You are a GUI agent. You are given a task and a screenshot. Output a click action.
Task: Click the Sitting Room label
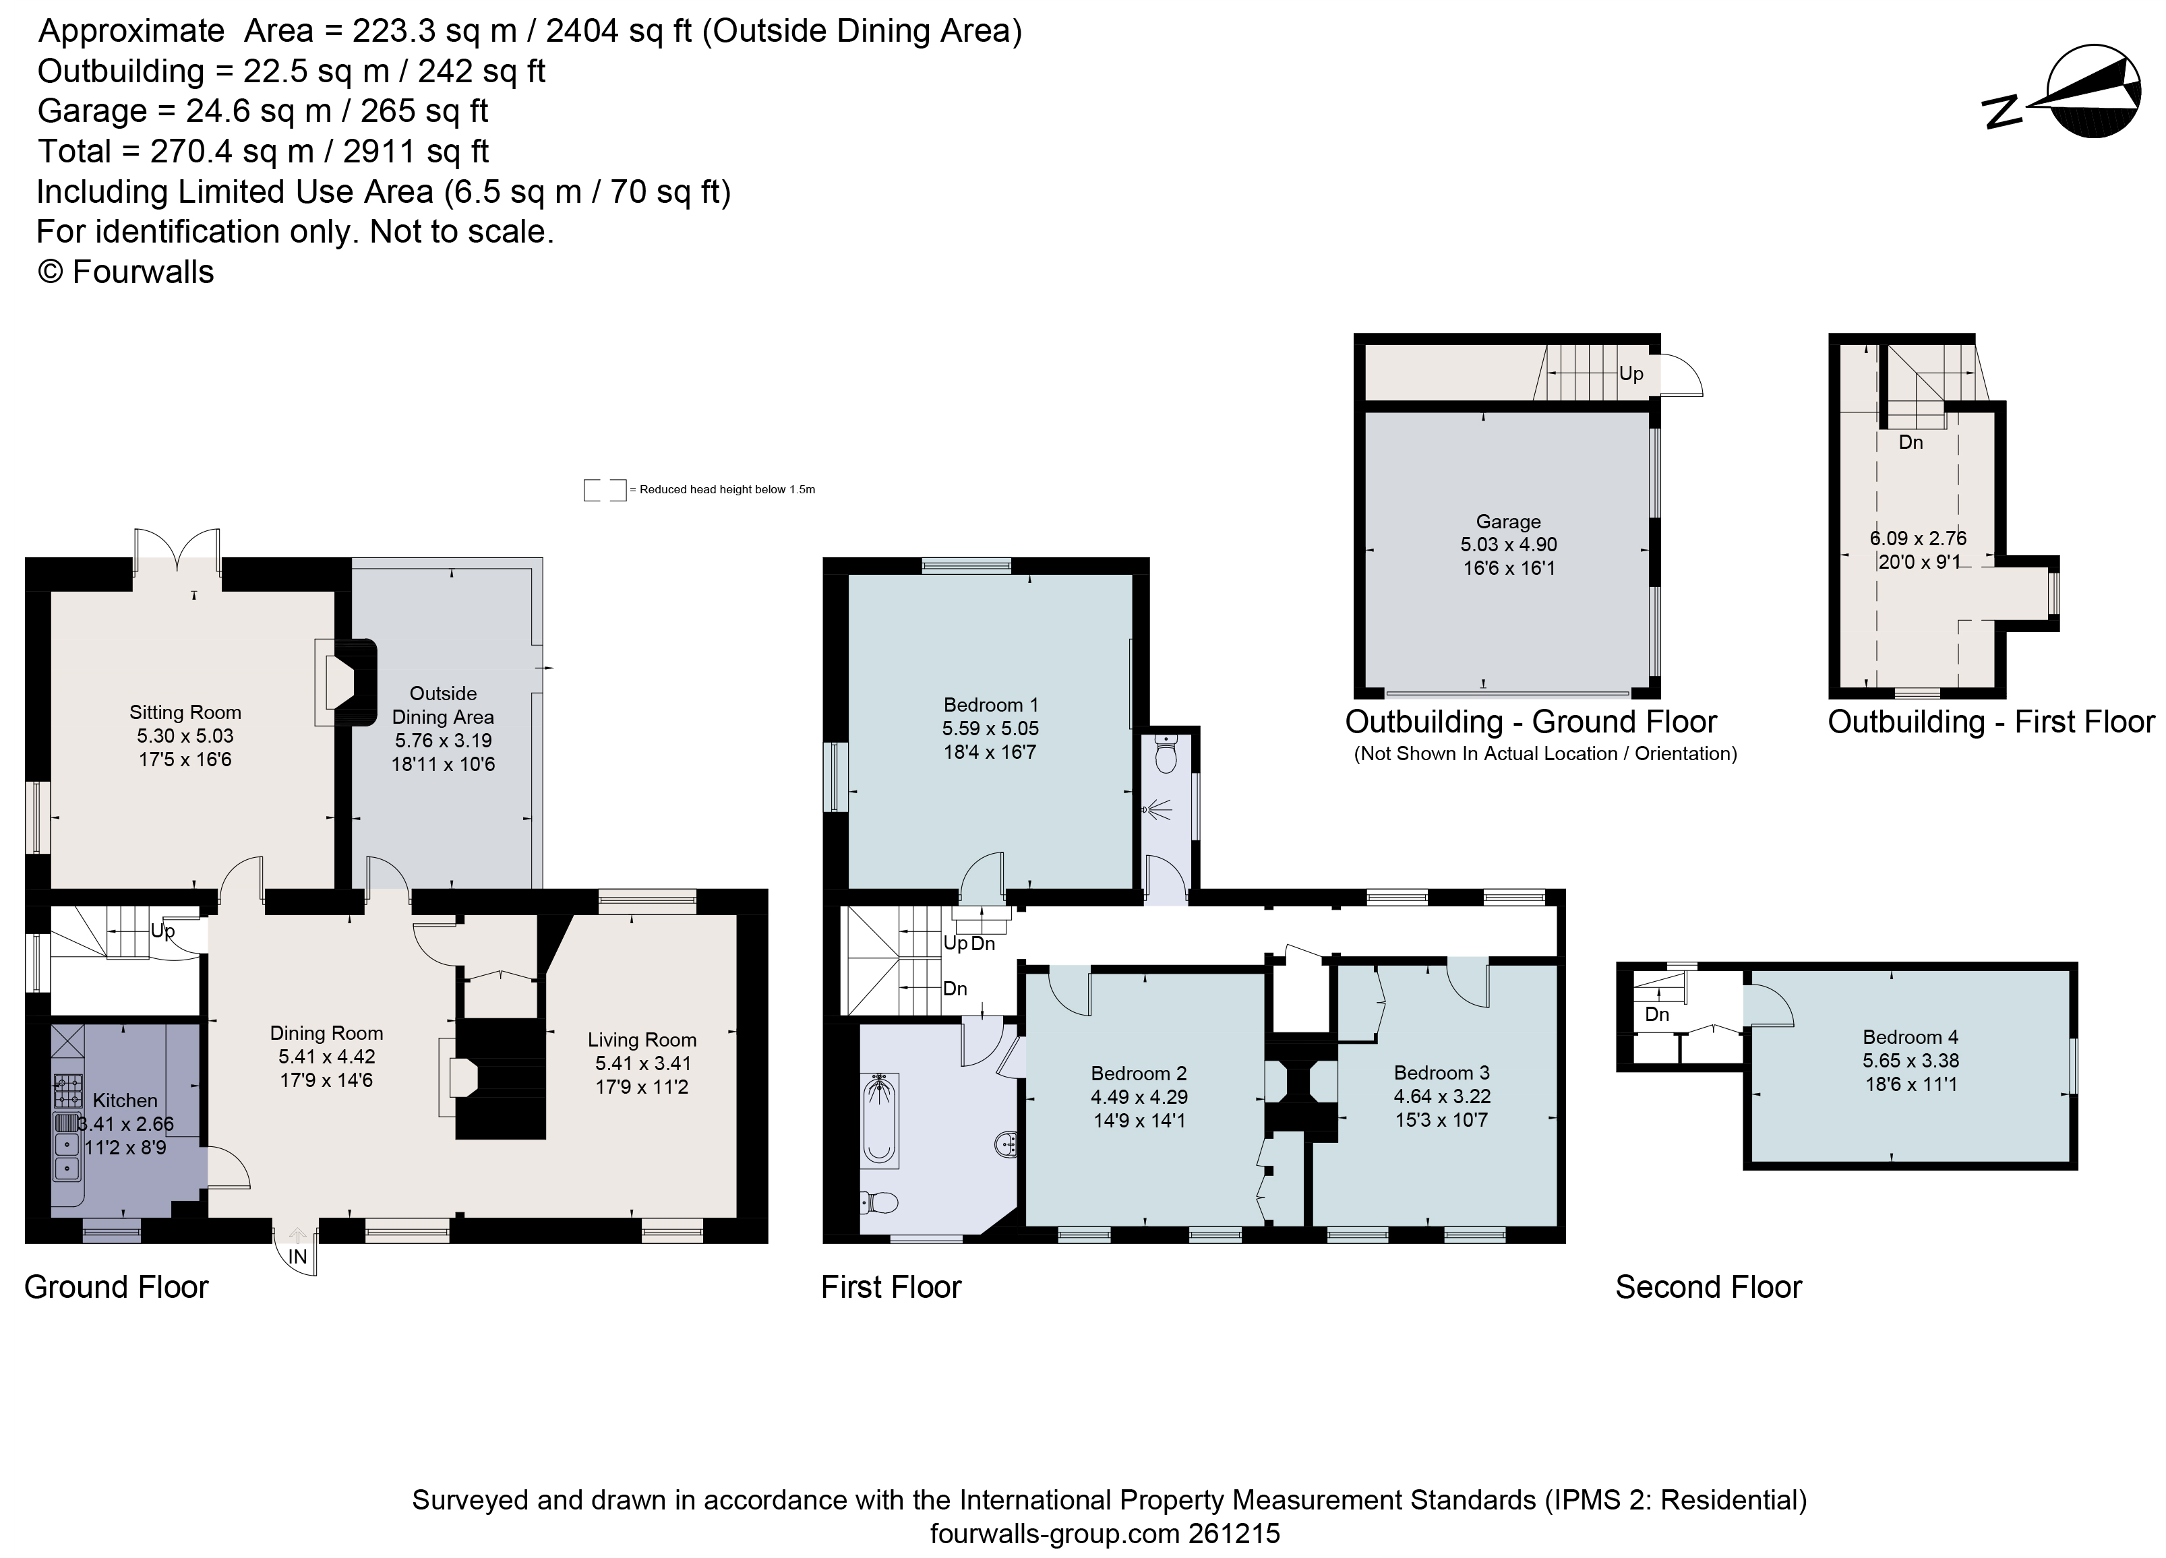[185, 712]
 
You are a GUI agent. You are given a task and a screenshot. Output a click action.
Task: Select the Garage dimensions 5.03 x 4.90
[1508, 544]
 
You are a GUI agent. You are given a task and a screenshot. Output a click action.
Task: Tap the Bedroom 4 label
[1910, 1036]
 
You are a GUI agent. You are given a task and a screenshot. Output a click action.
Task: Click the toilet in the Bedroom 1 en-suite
[1165, 754]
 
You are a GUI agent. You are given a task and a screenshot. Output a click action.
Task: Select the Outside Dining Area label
[443, 705]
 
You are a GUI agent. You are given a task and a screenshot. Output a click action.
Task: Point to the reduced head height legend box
[605, 490]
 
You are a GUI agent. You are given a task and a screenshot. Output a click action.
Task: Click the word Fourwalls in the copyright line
[143, 272]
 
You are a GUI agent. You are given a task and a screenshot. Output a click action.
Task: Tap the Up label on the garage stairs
[1630, 373]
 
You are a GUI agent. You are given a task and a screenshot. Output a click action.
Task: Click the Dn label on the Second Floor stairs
[1657, 1014]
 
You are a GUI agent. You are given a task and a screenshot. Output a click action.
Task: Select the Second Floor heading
[1708, 1287]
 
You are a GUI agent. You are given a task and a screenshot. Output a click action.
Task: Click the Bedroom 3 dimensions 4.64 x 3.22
[1441, 1096]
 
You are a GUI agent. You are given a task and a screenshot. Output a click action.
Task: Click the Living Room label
[642, 1040]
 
